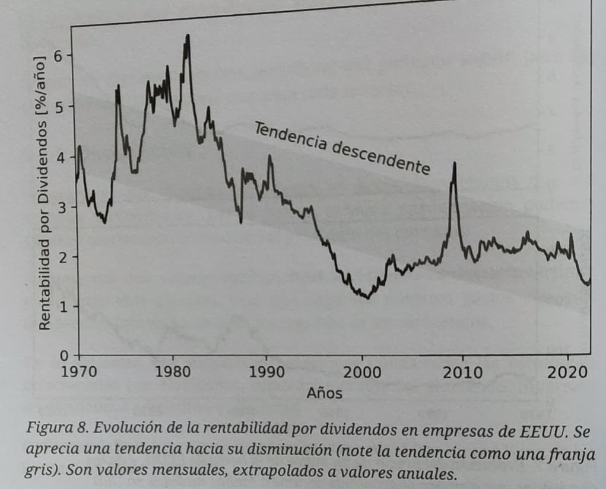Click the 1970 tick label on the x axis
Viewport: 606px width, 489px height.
coord(79,372)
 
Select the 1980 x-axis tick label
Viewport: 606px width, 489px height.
coord(173,372)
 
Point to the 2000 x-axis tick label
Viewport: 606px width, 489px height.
coord(362,373)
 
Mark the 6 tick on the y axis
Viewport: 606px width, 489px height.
coord(58,56)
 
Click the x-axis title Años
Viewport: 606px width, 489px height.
coord(324,392)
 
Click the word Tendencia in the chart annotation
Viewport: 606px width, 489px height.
coord(290,136)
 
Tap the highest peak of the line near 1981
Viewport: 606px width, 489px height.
coord(188,36)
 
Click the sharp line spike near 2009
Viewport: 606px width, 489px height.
coord(455,164)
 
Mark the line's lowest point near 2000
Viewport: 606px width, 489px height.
coord(368,298)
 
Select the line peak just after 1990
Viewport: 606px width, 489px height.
coord(270,156)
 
